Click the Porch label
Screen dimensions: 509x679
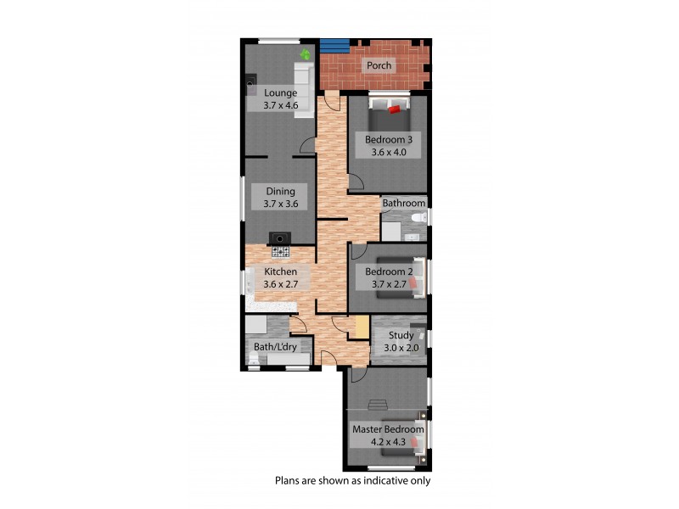[x=379, y=66]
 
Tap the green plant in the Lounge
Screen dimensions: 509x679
[x=305, y=54]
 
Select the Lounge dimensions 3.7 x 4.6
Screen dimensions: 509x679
[x=279, y=105]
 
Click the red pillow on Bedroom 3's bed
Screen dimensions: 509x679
[x=394, y=109]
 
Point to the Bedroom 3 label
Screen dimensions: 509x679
[x=388, y=139]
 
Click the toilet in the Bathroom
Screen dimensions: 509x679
[x=416, y=220]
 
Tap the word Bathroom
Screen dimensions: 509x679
[x=403, y=204]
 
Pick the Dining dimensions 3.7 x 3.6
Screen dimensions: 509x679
[x=279, y=204]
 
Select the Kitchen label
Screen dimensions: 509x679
[x=279, y=271]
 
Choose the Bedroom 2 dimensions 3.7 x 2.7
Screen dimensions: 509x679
[x=389, y=284]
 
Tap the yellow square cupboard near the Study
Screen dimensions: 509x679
[x=361, y=327]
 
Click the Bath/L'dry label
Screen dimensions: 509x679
[x=276, y=346]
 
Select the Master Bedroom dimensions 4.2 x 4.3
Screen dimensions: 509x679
[x=388, y=441]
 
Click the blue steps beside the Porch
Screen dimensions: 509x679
[x=335, y=44]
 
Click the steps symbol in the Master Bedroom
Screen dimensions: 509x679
[x=378, y=404]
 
